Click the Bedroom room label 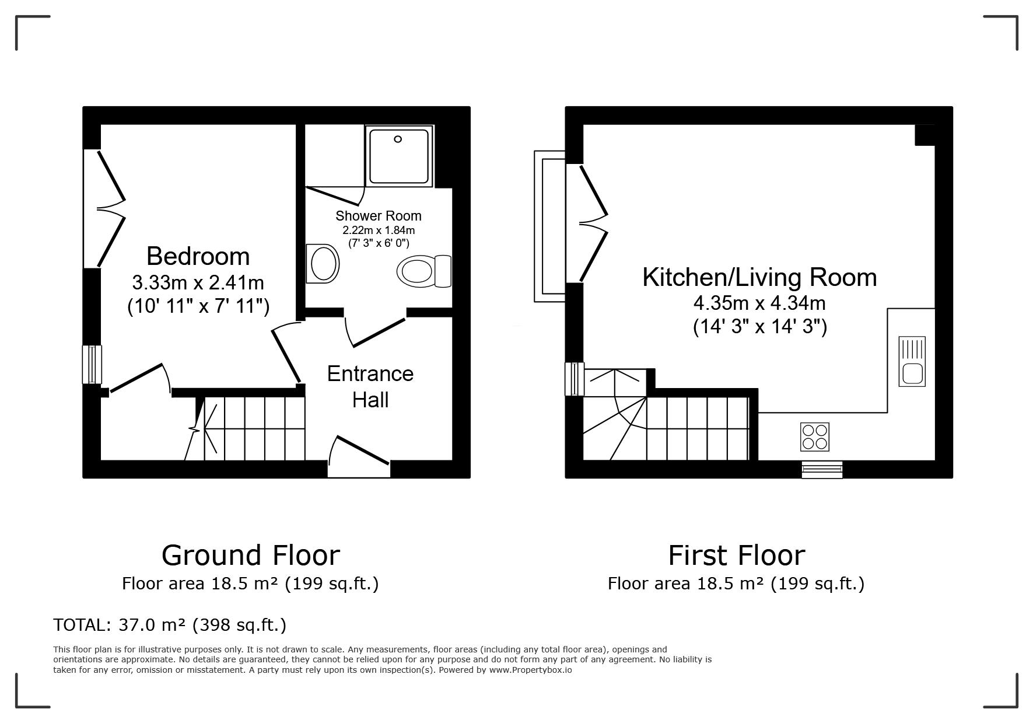coord(198,256)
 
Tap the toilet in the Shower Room coord(424,271)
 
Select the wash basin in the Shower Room coord(323,263)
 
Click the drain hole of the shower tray coord(398,139)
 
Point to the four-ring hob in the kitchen coord(815,436)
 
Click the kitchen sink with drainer coord(912,361)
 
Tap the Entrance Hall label coord(370,386)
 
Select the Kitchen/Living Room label coord(759,277)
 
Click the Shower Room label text coord(379,216)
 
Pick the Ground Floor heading coord(251,555)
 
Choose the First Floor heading coord(736,555)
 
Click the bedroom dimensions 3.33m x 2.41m coord(198,283)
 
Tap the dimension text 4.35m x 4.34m coord(759,303)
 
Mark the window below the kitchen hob coord(822,469)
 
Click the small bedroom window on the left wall coord(92,364)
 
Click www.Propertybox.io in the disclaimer coord(530,670)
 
